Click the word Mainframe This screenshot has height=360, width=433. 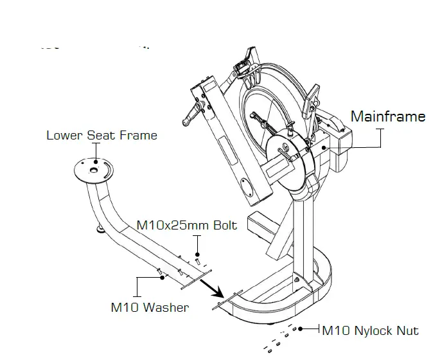[387, 116]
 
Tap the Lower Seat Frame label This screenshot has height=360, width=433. [102, 135]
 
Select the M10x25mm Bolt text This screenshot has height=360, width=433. [187, 226]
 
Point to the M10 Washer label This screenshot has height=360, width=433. [150, 307]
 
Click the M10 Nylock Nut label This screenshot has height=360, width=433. [369, 330]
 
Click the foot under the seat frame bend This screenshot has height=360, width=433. [101, 227]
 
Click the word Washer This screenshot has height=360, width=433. [166, 307]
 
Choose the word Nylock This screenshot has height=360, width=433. [373, 330]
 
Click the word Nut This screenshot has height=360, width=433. [407, 330]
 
